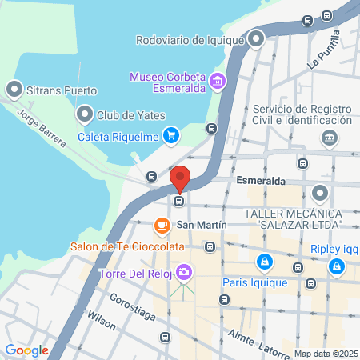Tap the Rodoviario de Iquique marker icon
click(x=256, y=38)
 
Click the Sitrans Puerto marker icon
click(x=14, y=89)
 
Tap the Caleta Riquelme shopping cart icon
click(x=170, y=135)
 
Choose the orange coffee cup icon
click(x=162, y=225)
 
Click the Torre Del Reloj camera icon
click(x=185, y=273)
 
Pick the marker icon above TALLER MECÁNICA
click(x=320, y=193)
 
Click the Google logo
click(x=26, y=350)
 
